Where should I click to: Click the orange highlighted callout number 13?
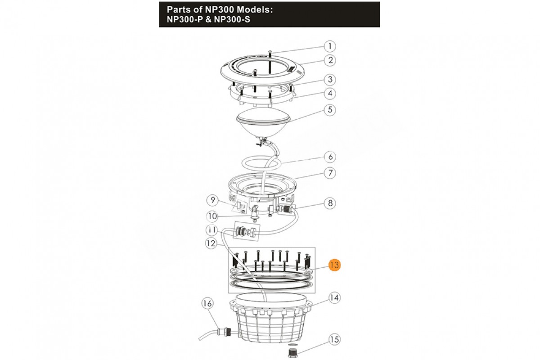334,265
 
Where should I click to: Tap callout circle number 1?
330,46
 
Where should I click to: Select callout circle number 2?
330,60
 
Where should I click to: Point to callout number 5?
330,110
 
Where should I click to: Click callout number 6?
330,157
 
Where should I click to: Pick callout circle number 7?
330,173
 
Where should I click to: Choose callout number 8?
330,203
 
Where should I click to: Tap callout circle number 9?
212,200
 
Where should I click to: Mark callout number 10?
212,216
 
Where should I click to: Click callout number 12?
211,243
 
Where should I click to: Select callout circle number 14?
334,298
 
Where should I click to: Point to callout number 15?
334,339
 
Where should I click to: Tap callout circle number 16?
207,304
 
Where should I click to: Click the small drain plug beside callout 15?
292,352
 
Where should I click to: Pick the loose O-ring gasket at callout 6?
261,163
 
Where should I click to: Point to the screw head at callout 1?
270,52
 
